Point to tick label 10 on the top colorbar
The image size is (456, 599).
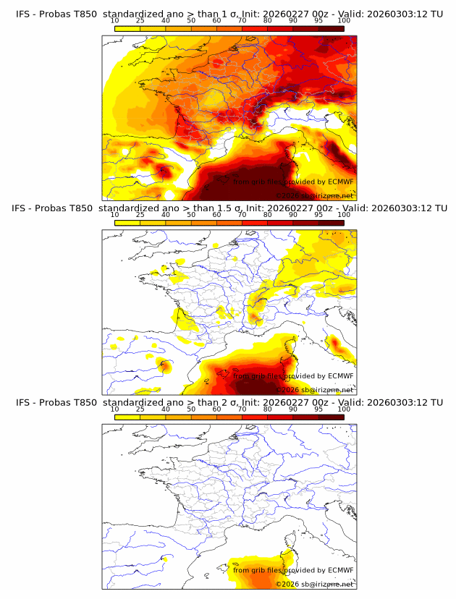114,21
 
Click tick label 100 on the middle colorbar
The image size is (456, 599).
343,216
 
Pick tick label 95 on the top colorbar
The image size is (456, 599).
318,21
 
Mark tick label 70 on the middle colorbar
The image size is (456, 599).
242,216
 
